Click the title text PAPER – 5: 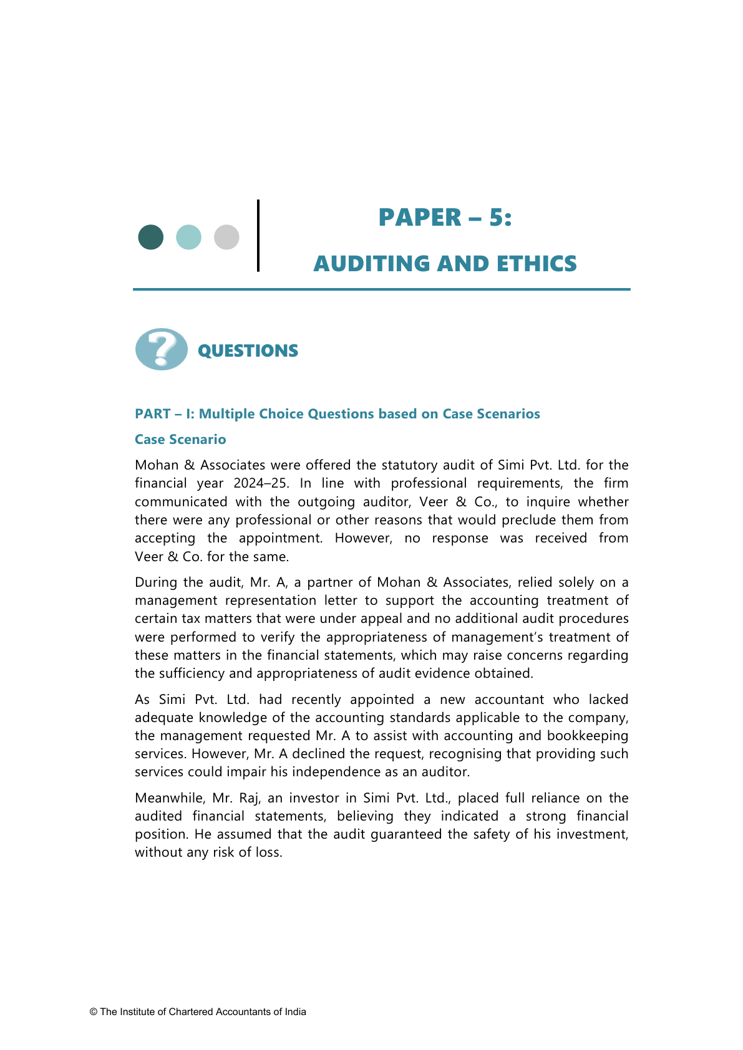click(x=445, y=218)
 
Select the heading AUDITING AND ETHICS click(x=445, y=264)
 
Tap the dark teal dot click(x=151, y=237)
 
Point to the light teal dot click(x=188, y=237)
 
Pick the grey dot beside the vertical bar click(x=226, y=237)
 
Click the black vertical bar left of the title click(x=258, y=236)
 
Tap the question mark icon click(x=162, y=349)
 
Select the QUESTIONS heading click(x=248, y=351)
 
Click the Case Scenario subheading click(x=180, y=440)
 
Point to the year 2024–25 click(x=261, y=483)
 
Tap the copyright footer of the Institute click(x=198, y=1012)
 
